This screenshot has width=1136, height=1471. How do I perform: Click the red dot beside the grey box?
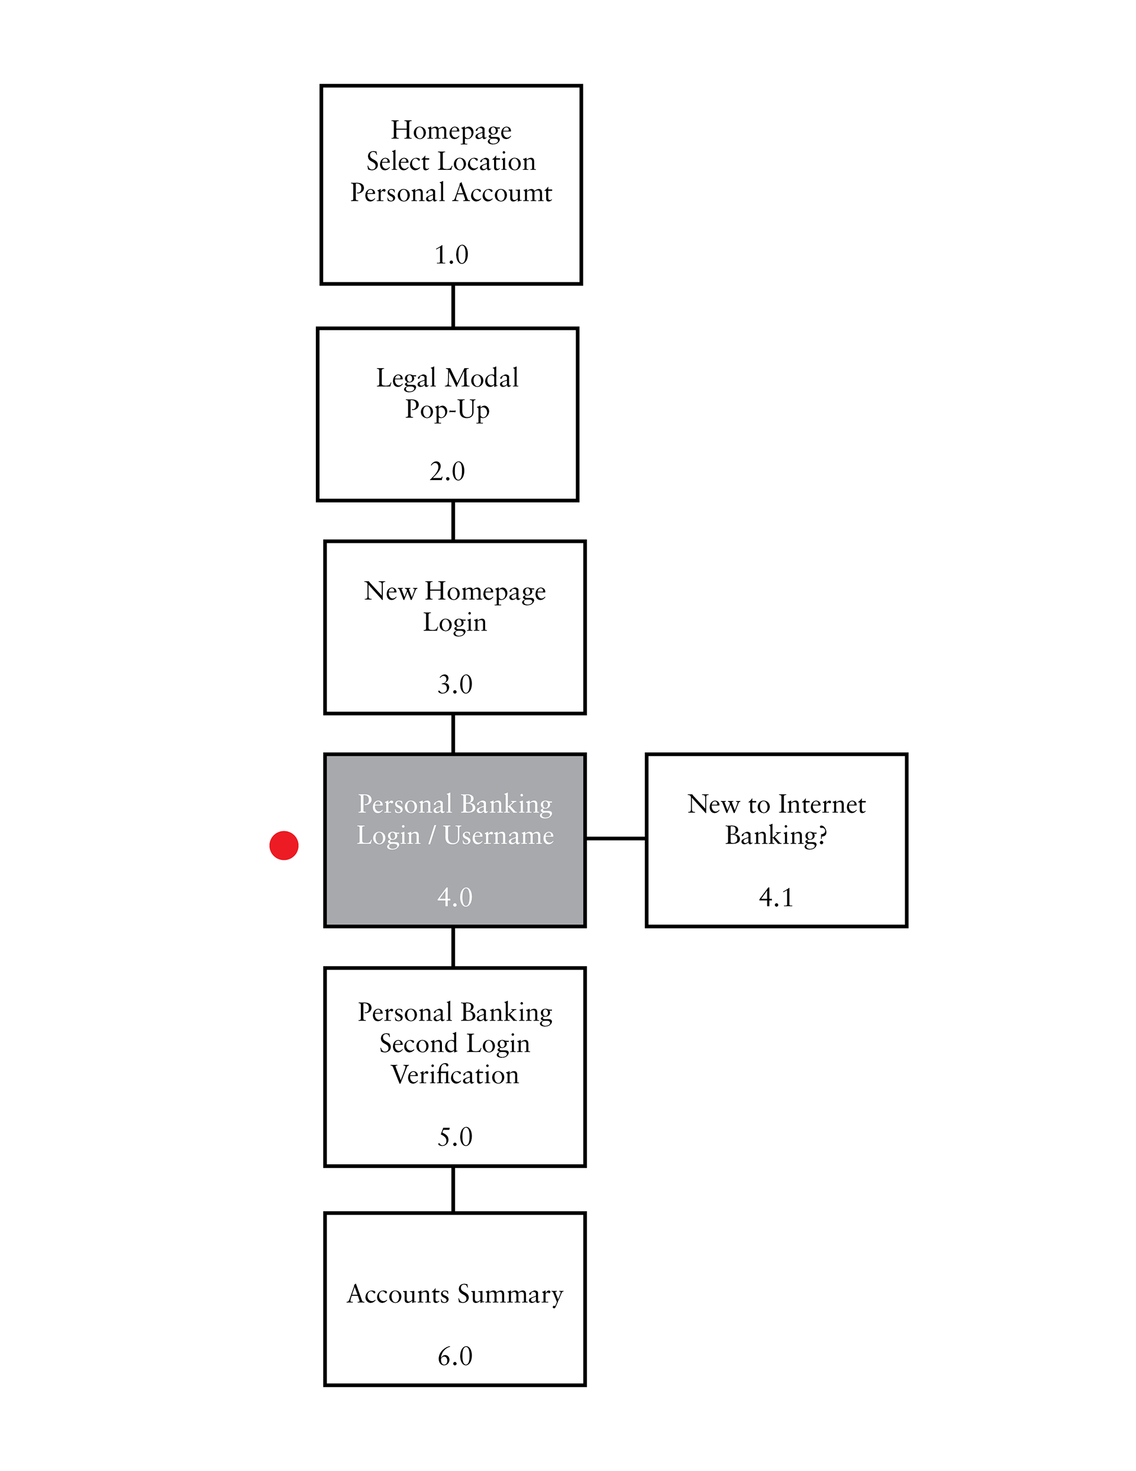click(x=283, y=845)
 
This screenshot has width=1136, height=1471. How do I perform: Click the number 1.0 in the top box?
click(x=451, y=255)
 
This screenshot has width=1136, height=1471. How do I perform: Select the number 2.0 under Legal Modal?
click(x=447, y=471)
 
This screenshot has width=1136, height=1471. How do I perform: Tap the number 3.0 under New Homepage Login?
click(x=454, y=684)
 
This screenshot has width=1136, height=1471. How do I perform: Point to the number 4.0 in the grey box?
click(x=454, y=897)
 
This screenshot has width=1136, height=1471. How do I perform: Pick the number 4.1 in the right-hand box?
click(x=776, y=897)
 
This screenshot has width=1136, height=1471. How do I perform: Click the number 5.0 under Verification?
click(x=454, y=1137)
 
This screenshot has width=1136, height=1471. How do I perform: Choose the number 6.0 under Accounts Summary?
click(x=454, y=1356)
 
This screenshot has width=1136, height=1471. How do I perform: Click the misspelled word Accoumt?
click(x=503, y=192)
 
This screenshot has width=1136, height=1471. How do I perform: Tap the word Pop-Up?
click(x=447, y=410)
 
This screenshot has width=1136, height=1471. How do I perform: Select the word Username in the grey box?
click(x=498, y=835)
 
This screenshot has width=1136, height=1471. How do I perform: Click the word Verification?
click(x=454, y=1075)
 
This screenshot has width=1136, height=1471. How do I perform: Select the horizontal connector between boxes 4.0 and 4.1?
click(x=615, y=839)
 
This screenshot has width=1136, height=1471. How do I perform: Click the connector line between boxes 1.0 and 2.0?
click(x=453, y=307)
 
